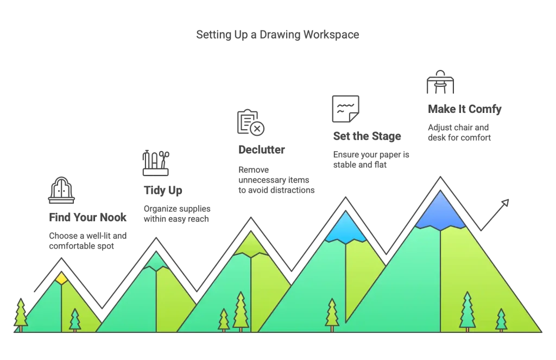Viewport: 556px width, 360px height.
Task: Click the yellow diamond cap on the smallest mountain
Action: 61,279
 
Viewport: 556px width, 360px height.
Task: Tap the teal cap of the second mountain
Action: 156,262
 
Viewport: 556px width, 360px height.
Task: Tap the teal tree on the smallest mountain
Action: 75,320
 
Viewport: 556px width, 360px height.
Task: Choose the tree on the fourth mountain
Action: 332,314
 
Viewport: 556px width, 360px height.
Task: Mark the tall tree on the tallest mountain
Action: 467,311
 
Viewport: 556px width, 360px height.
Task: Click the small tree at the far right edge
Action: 501,320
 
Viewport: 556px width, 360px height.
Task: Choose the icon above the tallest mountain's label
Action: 440,83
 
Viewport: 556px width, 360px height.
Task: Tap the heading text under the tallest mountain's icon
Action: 464,109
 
